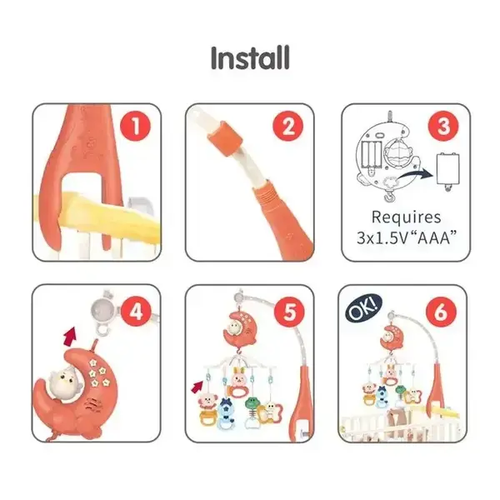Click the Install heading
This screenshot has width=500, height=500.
click(x=250, y=57)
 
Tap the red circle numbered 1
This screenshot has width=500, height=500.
click(x=135, y=127)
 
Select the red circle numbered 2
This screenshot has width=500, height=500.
click(x=288, y=127)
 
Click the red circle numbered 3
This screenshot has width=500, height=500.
click(x=443, y=127)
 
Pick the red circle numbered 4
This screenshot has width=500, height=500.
click(x=136, y=311)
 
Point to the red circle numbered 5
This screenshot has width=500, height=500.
click(x=289, y=311)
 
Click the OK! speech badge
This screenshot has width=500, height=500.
click(x=364, y=308)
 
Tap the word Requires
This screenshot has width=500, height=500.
click(x=407, y=217)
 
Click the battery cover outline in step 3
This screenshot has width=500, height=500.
click(x=448, y=171)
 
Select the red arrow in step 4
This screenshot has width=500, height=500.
click(x=71, y=336)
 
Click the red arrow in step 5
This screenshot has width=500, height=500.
click(x=197, y=386)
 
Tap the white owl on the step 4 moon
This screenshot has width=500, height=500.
click(x=64, y=382)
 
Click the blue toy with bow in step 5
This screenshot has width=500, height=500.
click(x=226, y=413)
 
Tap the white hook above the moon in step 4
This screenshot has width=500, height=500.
click(x=102, y=329)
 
